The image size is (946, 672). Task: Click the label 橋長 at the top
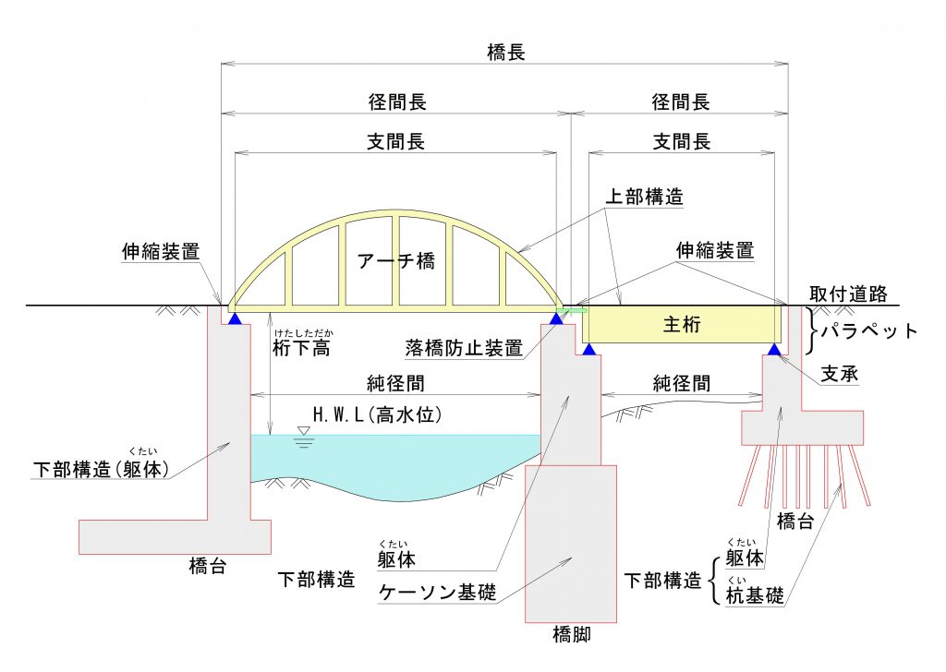click(x=505, y=53)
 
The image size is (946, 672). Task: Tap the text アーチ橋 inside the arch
click(x=395, y=261)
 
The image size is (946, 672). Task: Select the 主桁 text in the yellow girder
click(x=682, y=324)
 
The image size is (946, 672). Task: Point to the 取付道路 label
click(x=847, y=294)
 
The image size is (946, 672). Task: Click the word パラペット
click(x=871, y=331)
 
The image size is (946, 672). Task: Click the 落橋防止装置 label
click(x=464, y=348)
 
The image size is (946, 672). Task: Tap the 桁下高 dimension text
click(x=302, y=348)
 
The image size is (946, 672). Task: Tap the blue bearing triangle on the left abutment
click(x=235, y=318)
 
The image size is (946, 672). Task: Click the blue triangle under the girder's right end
click(x=774, y=349)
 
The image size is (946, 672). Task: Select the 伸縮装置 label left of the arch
click(x=160, y=250)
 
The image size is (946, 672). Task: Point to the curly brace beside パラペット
click(x=813, y=330)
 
